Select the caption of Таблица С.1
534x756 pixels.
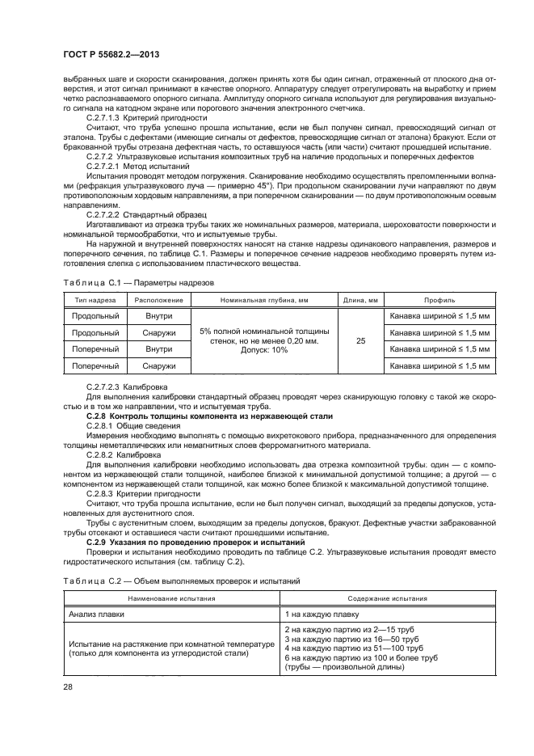(137, 282)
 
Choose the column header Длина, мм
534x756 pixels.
(360, 299)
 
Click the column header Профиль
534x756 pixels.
(439, 299)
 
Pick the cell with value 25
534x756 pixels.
(360, 341)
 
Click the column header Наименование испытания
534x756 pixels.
(170, 598)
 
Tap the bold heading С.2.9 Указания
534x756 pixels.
(187, 541)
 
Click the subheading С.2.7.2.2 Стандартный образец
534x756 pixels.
(145, 214)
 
